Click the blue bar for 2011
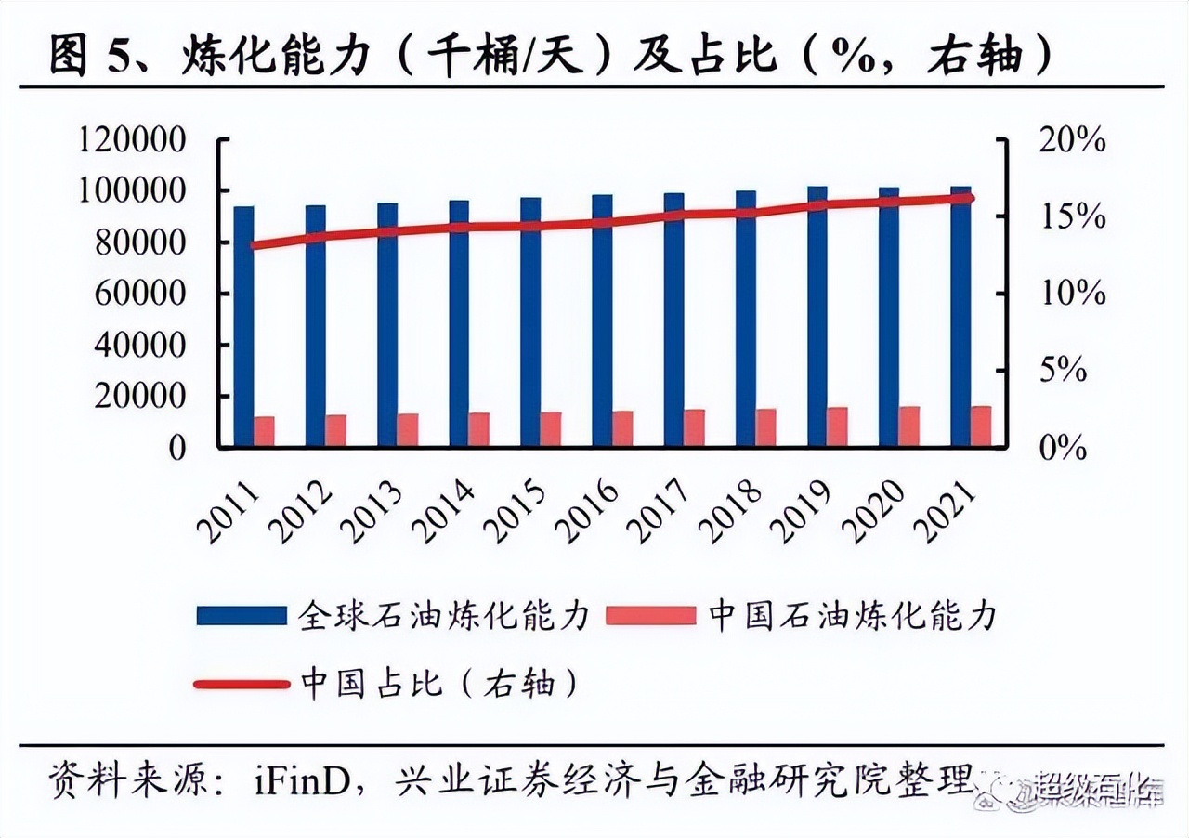click(x=243, y=325)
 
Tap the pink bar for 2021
click(x=981, y=426)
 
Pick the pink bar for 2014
click(x=478, y=429)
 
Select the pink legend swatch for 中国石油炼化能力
click(x=650, y=615)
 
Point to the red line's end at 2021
click(x=970, y=197)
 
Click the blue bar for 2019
click(x=817, y=316)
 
